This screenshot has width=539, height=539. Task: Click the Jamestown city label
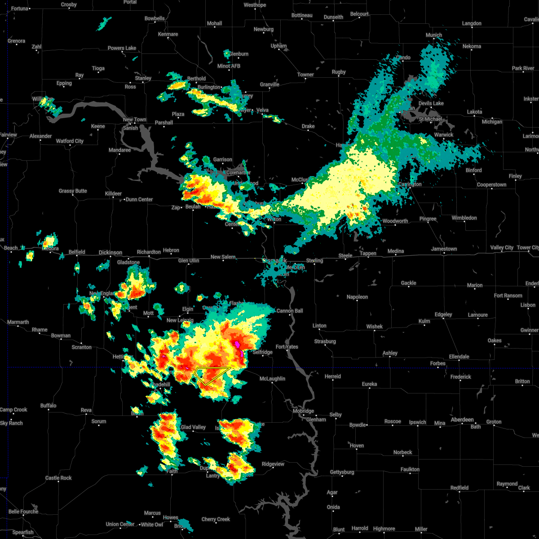(444, 249)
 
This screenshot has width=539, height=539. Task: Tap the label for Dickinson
(110, 252)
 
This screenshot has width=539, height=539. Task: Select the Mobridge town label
(303, 411)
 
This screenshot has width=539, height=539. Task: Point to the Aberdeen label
(462, 420)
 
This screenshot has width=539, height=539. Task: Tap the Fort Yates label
(287, 347)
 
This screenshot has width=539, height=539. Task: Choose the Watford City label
(70, 141)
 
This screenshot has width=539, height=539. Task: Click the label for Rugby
(339, 72)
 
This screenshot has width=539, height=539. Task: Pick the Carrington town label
(410, 184)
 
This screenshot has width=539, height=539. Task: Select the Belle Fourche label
(23, 512)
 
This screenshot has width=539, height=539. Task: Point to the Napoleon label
(357, 297)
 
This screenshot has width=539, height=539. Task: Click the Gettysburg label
(342, 472)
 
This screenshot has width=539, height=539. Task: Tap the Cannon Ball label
(290, 311)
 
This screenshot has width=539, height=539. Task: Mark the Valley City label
(502, 247)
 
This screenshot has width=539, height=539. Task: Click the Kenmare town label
(168, 34)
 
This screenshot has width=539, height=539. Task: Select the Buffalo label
(49, 406)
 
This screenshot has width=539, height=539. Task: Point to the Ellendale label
(459, 357)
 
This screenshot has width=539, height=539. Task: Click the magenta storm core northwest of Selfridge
(237, 345)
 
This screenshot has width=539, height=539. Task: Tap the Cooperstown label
(491, 185)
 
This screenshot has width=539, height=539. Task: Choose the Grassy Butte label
(73, 191)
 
